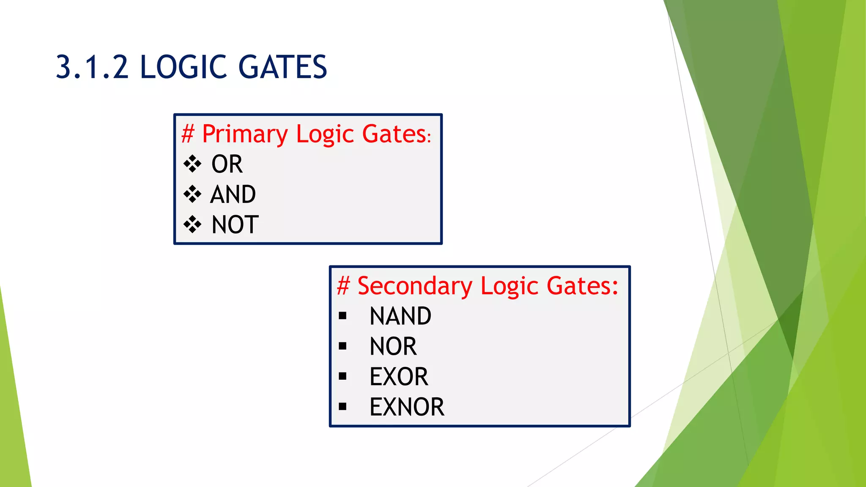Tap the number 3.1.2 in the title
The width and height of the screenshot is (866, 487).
(x=92, y=67)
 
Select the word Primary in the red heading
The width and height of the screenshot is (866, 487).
(x=245, y=134)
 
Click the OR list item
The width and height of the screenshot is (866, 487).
(x=227, y=164)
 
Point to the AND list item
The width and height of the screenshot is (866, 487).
(x=233, y=194)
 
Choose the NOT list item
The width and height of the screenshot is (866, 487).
(x=235, y=224)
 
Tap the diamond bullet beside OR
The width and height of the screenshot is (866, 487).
(x=192, y=164)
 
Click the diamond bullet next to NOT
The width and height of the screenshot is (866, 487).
(x=192, y=224)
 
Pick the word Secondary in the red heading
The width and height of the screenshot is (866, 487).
(x=414, y=286)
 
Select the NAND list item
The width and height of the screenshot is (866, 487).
(x=400, y=316)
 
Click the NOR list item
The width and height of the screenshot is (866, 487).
(x=393, y=346)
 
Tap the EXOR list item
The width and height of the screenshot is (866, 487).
(x=399, y=377)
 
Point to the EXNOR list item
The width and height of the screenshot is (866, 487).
(x=407, y=407)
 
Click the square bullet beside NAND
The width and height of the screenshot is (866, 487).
(x=343, y=316)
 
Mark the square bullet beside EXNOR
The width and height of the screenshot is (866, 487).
(x=343, y=407)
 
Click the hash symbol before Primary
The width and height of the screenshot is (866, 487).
(x=187, y=134)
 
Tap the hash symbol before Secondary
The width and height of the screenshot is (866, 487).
(x=343, y=286)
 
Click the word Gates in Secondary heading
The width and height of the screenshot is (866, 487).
(x=582, y=286)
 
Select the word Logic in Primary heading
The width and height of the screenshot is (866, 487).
(x=324, y=134)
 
